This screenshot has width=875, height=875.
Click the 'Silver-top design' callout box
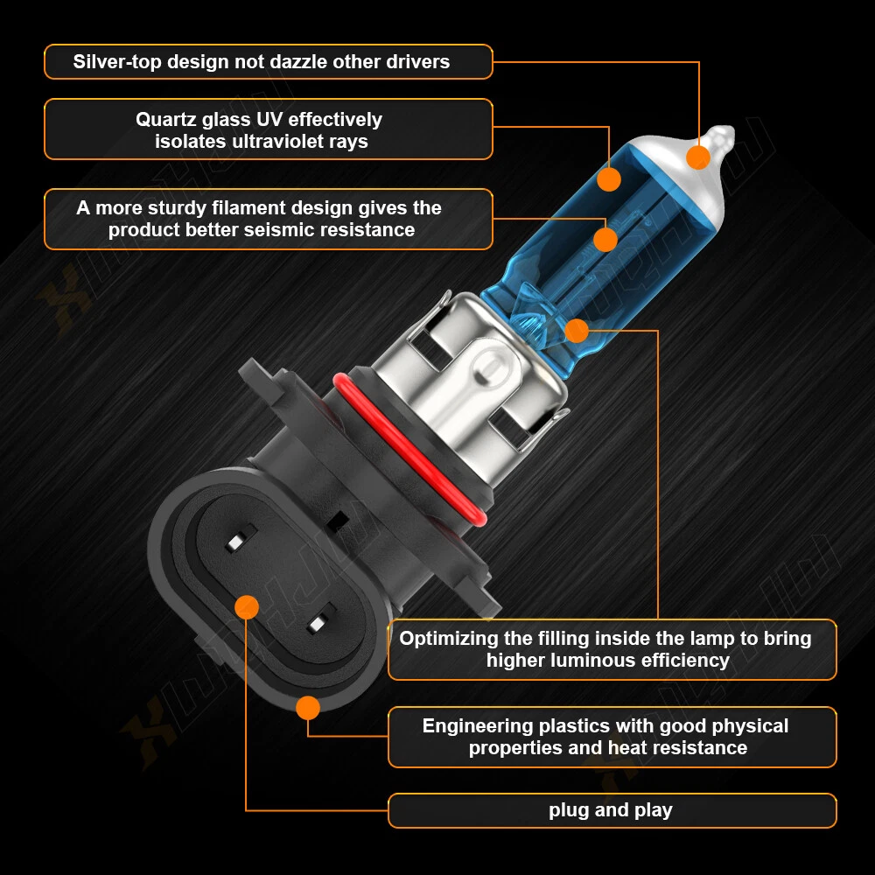click(x=269, y=61)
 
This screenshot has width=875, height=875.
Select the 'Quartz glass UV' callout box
click(x=269, y=129)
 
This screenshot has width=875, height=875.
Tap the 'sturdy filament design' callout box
click(x=269, y=219)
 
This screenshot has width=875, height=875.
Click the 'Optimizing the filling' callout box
click(x=612, y=649)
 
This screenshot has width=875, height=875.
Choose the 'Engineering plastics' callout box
click(x=612, y=737)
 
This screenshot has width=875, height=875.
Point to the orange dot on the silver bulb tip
click(x=698, y=157)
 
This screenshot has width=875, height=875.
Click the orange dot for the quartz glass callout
click(x=609, y=179)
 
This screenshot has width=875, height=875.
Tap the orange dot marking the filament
click(x=605, y=240)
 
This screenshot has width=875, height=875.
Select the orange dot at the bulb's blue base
click(x=577, y=331)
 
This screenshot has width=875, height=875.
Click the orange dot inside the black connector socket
click(x=247, y=607)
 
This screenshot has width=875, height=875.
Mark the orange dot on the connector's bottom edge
click(x=308, y=708)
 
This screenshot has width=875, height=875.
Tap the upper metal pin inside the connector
click(x=241, y=539)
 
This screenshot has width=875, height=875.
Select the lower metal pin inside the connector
click(x=321, y=619)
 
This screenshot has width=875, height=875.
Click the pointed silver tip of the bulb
click(x=724, y=134)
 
